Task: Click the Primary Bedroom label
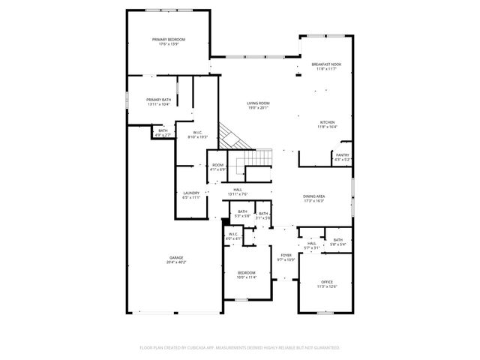click(169, 39)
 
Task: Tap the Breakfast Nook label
click(327, 64)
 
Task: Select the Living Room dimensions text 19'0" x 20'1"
click(258, 109)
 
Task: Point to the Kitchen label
click(328, 122)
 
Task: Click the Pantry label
click(342, 155)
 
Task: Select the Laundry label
click(191, 193)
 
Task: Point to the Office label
click(327, 281)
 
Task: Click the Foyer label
click(286, 255)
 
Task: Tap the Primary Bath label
click(157, 100)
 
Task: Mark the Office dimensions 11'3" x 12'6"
click(327, 286)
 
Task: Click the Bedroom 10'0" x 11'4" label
click(247, 272)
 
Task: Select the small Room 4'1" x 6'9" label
click(217, 165)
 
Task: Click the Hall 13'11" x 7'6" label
click(237, 190)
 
